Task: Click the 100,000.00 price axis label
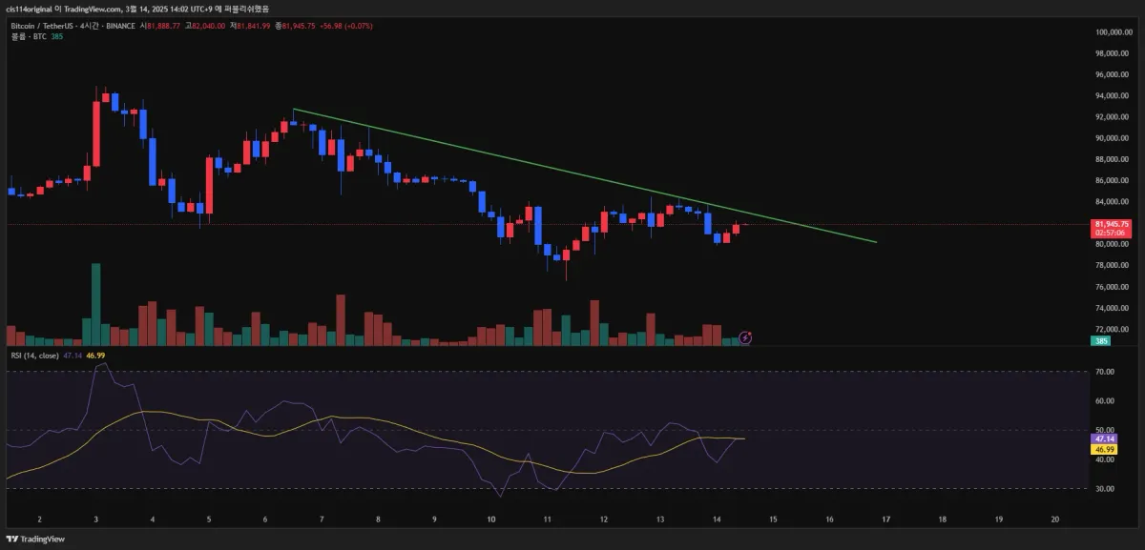pyautogui.click(x=1113, y=32)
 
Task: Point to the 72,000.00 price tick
pyautogui.click(x=1113, y=329)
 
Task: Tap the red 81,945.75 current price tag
pyautogui.click(x=1110, y=225)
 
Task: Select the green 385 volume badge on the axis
pyautogui.click(x=1101, y=340)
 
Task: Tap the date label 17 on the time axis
pyautogui.click(x=885, y=519)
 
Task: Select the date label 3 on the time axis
pyautogui.click(x=95, y=519)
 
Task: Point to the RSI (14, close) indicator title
pyautogui.click(x=34, y=356)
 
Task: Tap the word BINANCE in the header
pyautogui.click(x=119, y=26)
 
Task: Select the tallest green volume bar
pyautogui.click(x=95, y=303)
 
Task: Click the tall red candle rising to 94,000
pyautogui.click(x=95, y=133)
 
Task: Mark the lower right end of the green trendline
pyautogui.click(x=876, y=242)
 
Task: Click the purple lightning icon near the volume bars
pyautogui.click(x=746, y=337)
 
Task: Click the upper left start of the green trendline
pyautogui.click(x=294, y=110)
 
